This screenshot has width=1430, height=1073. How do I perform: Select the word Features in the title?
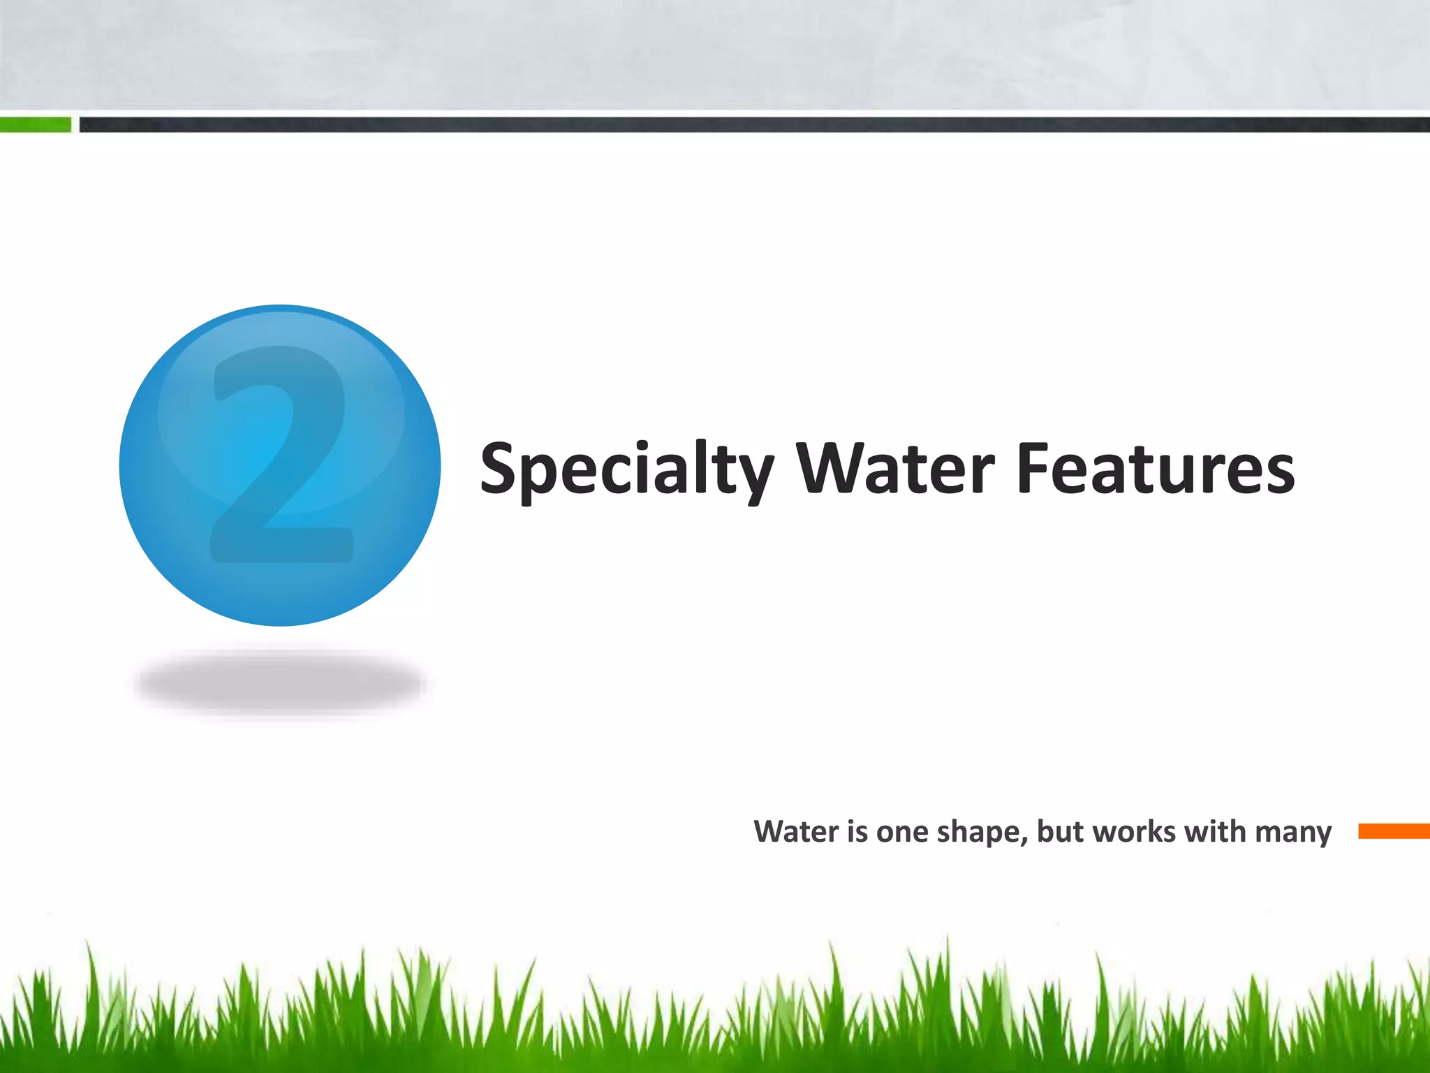(x=1156, y=468)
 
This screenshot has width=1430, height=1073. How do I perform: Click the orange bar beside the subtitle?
(x=1394, y=831)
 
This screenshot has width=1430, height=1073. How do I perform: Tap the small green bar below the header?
(x=35, y=125)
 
